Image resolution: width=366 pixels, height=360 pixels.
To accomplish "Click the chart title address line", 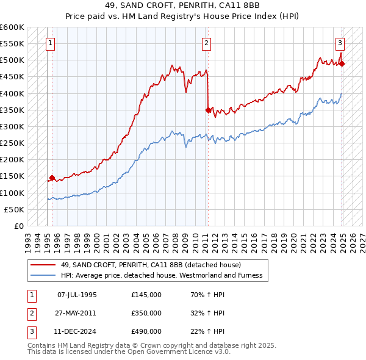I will pyautogui.click(x=182, y=5).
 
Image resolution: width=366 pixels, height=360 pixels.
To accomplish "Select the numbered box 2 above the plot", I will pyautogui.click(x=207, y=43).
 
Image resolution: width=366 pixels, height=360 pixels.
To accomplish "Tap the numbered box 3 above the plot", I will pyautogui.click(x=340, y=43).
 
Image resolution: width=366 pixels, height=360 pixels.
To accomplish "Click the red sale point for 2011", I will pyautogui.click(x=208, y=110).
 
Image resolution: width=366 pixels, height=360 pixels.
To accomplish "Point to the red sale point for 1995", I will pyautogui.click(x=52, y=178).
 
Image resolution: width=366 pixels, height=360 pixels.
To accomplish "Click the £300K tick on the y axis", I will pyautogui.click(x=12, y=126).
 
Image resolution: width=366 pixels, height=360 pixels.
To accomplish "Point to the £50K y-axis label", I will pyautogui.click(x=14, y=209).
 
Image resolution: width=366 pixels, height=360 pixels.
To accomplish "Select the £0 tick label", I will pyautogui.click(x=19, y=226).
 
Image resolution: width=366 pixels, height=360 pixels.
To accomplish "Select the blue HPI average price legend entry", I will pyautogui.click(x=161, y=275).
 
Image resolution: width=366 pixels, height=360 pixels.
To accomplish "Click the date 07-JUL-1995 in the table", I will pyautogui.click(x=77, y=294).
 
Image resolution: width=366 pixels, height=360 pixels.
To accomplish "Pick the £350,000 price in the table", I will pyautogui.click(x=146, y=313).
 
